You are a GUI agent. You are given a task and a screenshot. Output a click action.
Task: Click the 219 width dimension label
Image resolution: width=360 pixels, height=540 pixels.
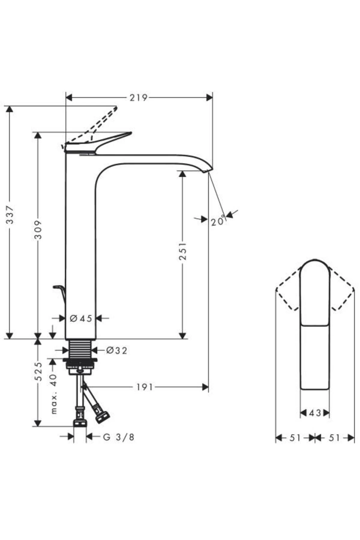(x=138, y=98)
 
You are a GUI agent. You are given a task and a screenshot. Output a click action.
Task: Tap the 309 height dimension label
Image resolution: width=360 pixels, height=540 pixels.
(x=38, y=229)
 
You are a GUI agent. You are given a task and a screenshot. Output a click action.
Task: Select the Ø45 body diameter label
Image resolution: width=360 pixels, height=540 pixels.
(x=81, y=318)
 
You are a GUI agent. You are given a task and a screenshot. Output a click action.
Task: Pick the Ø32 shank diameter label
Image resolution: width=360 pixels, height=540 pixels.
(x=117, y=350)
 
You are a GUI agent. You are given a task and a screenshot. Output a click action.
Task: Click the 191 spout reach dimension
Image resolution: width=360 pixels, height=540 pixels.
(x=145, y=387)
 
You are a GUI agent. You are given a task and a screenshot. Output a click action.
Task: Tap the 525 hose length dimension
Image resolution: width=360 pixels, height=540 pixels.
(x=38, y=371)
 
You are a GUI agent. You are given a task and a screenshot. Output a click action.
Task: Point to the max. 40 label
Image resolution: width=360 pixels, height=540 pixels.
(x=53, y=394)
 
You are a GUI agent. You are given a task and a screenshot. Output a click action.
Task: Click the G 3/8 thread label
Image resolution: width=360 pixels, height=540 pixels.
(x=119, y=437)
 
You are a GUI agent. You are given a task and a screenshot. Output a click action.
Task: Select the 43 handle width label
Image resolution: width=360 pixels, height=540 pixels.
(x=315, y=413)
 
